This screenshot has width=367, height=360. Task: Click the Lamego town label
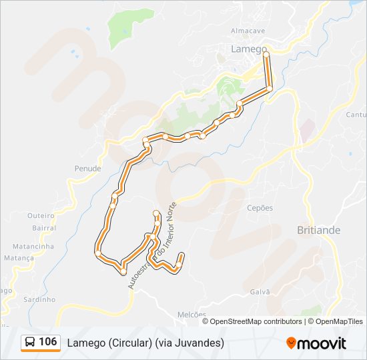pos(248,49)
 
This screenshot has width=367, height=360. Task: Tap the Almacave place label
pos(248,31)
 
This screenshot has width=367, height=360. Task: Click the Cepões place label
pos(260,208)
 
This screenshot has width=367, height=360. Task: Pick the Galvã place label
pos(260,291)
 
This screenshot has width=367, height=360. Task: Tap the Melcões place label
pos(192,315)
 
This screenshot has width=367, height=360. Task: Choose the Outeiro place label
pos(40,215)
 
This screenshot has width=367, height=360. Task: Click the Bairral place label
pos(44,227)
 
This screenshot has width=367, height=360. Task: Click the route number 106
pos(48,342)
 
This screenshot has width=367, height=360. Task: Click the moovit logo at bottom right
pos(316,343)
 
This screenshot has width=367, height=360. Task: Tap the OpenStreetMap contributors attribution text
pos(256,321)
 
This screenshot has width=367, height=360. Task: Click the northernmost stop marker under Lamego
pos(266,57)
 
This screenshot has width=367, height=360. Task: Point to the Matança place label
pos(19,257)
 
